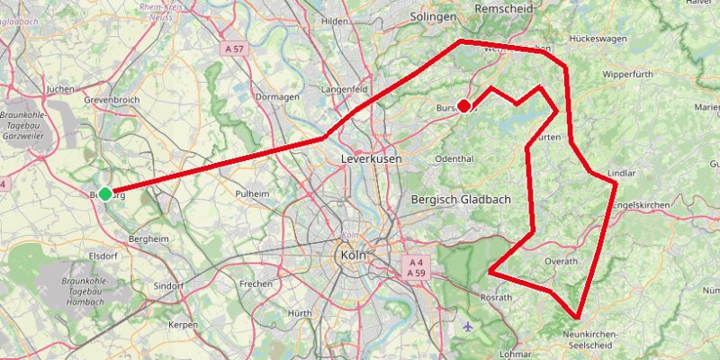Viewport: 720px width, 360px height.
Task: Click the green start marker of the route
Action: pos(105,193)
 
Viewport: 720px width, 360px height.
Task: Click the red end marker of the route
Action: pos(463,105)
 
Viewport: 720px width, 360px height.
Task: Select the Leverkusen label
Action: pos(371,158)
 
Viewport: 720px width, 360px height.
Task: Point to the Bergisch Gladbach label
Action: pos(460,199)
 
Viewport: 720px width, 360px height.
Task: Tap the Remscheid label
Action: pos(504,7)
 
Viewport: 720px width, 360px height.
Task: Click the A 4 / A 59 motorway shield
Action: pos(415,267)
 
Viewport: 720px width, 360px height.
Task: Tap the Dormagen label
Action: pos(276,96)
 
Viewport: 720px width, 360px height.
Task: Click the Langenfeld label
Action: pos(344,90)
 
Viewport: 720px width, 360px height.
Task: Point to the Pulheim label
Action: pos(252,193)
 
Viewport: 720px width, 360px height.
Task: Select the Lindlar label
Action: pos(622,172)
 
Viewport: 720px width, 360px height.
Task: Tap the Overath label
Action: pos(561,261)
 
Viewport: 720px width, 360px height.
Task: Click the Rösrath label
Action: pos(496,297)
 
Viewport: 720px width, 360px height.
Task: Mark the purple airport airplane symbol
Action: pos(465,325)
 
